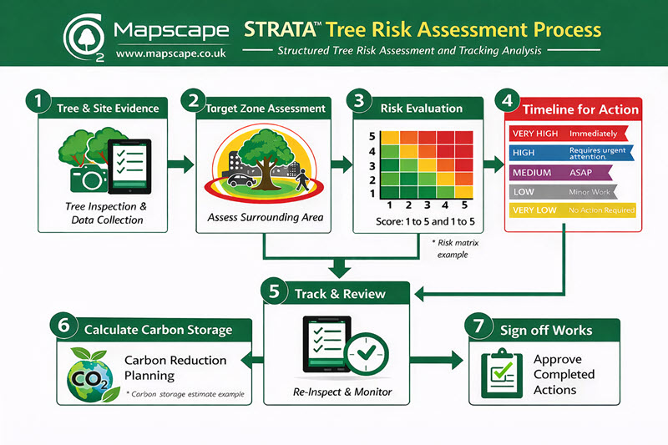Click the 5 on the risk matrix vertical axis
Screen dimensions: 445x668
coord(361,137)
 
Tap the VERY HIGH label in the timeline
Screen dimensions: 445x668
coord(534,133)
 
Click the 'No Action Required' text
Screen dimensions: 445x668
coord(600,210)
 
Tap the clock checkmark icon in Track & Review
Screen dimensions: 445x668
coord(365,355)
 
